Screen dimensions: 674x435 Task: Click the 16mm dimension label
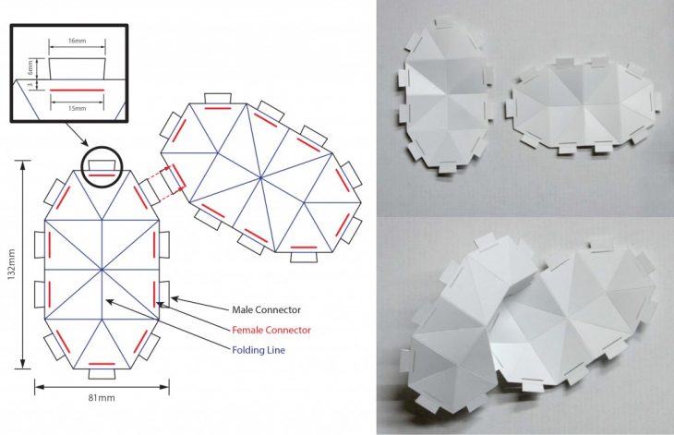[77, 41]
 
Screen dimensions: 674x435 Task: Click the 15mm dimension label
[77, 108]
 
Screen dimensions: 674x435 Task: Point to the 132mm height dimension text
[11, 264]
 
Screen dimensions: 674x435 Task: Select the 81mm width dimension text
[102, 398]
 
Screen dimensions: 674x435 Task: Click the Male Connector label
[267, 310]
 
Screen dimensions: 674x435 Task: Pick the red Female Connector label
[271, 330]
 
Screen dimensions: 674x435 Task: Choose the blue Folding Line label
[259, 350]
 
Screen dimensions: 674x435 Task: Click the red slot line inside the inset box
[78, 90]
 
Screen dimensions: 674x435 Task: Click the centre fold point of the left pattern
[102, 270]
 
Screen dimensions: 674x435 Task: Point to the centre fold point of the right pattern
[260, 176]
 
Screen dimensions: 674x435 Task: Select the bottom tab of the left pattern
[102, 374]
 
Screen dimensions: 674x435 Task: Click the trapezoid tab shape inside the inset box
[78, 68]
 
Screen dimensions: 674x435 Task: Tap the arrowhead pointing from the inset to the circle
[85, 143]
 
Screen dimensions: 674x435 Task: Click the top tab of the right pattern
[218, 99]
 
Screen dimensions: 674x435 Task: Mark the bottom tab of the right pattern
[304, 257]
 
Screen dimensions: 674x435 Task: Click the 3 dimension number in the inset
[30, 85]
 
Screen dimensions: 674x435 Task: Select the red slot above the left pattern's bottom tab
[102, 364]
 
